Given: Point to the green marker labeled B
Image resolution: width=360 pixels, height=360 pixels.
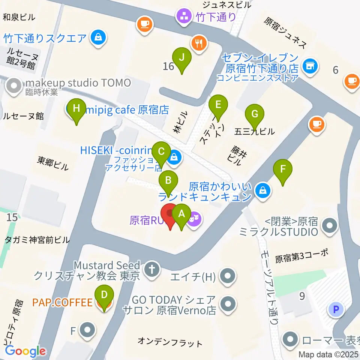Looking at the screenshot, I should point(169,182).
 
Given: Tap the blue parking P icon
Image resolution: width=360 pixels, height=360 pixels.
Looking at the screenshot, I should point(336,310).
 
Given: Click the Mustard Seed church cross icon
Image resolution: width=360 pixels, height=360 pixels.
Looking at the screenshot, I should point(152,268).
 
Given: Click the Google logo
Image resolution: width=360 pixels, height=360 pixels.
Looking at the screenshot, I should point(25,351).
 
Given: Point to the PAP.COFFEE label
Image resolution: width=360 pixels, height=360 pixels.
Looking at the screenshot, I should point(62,302).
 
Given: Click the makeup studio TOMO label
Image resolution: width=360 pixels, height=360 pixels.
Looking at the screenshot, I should point(78,82).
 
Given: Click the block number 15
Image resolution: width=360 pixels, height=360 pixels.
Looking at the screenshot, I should point(12,217).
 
